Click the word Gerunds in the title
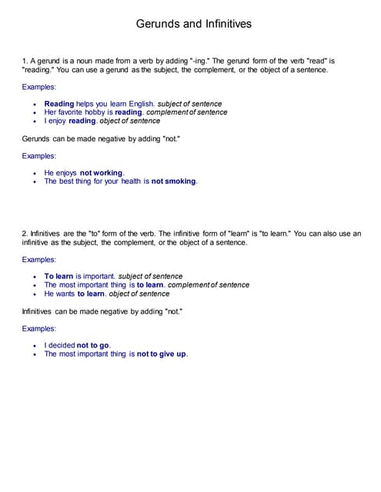[158, 24]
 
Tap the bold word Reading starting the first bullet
[59, 104]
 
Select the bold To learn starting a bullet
[58, 276]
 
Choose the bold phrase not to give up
[162, 354]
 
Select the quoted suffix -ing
[199, 60]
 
